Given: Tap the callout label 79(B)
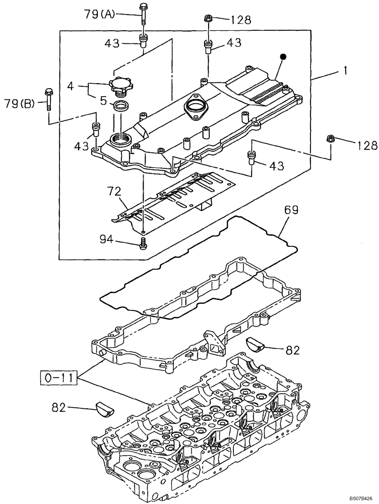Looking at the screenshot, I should click(x=19, y=104).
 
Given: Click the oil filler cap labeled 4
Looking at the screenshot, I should click(x=121, y=86).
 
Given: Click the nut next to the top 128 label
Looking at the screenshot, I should click(x=208, y=19).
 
